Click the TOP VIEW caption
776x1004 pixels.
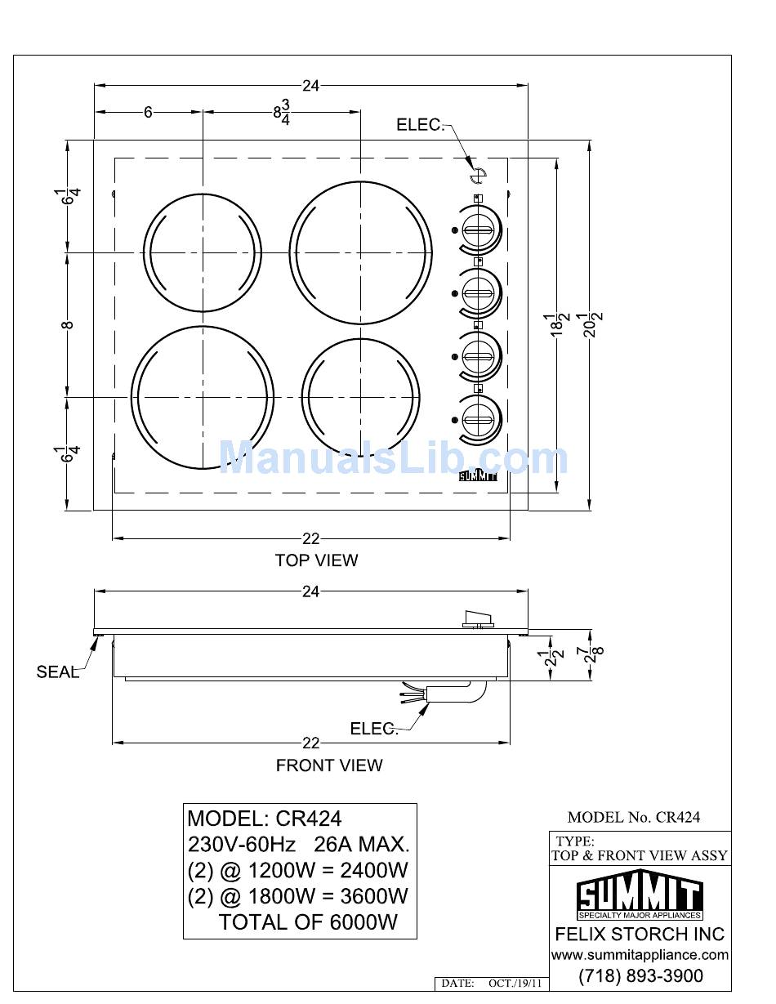pyautogui.click(x=316, y=560)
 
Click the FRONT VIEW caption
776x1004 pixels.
pyautogui.click(x=329, y=765)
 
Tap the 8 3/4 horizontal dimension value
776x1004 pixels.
pyautogui.click(x=282, y=112)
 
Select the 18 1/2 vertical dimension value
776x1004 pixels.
pyautogui.click(x=556, y=324)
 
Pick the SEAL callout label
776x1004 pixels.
pyautogui.click(x=57, y=672)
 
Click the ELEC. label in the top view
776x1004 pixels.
pyautogui.click(x=420, y=124)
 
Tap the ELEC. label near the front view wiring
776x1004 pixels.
pyautogui.click(x=373, y=729)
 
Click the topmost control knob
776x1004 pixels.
pyautogui.click(x=479, y=230)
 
